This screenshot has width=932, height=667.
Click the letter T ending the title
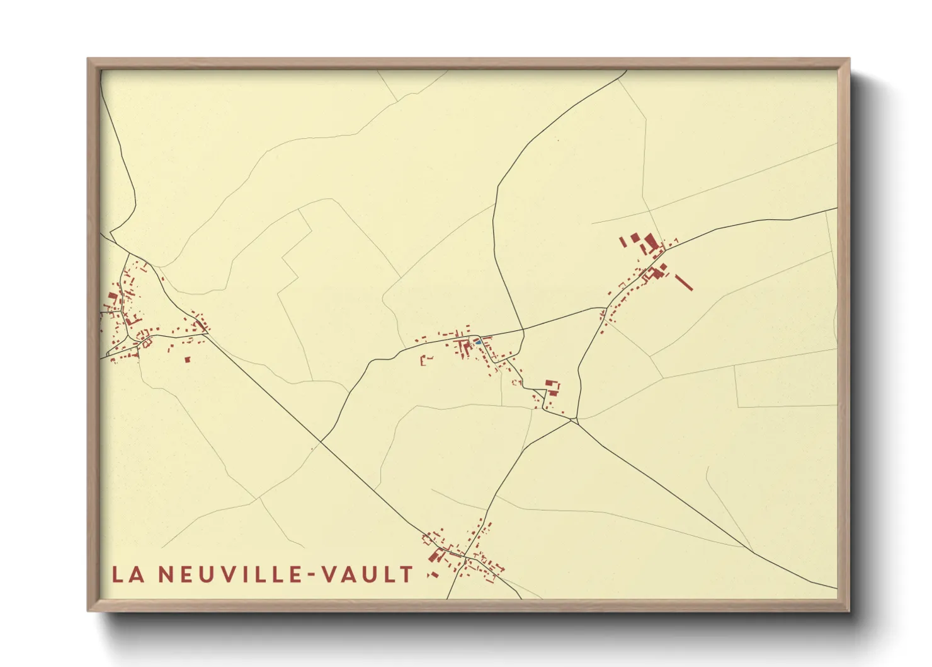point(406,574)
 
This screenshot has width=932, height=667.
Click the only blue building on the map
point(477,342)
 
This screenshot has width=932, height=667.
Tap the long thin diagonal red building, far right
point(684,282)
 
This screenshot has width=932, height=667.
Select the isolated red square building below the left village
point(187,360)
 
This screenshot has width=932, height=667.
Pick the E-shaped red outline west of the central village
point(426,360)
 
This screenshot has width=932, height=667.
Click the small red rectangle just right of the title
point(432,575)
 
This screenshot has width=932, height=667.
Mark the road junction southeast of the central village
point(573,420)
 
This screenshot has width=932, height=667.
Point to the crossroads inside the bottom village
point(465,558)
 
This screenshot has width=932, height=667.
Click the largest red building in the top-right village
point(650,241)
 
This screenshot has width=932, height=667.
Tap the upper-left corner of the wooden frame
point(89,60)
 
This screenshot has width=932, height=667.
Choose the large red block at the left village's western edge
point(113,295)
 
